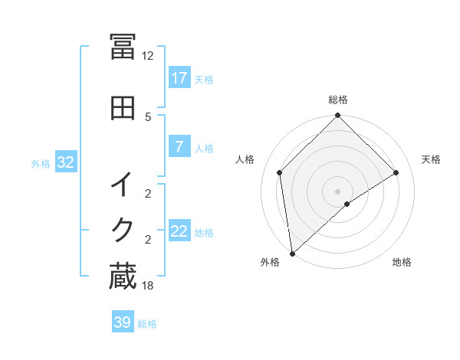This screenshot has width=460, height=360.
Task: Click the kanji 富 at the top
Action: (x=123, y=47)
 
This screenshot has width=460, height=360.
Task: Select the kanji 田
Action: (x=123, y=108)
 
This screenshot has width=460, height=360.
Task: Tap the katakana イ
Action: (x=123, y=185)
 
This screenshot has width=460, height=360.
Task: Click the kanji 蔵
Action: (x=123, y=277)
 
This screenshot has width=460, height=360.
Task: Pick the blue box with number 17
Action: (x=179, y=78)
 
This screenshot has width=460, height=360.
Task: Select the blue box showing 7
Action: (x=179, y=147)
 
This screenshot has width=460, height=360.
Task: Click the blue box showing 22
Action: (x=179, y=231)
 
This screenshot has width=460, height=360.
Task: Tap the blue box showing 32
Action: (x=65, y=162)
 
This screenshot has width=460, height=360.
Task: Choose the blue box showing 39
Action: (x=123, y=322)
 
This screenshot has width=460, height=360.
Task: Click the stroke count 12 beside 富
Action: (x=148, y=56)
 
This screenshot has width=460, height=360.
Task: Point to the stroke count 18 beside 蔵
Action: (x=148, y=286)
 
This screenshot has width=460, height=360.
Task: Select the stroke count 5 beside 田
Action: (x=148, y=116)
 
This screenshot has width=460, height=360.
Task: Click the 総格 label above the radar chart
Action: (x=338, y=100)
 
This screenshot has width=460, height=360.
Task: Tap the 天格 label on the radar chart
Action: (x=432, y=159)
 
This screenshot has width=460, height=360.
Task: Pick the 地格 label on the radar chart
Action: (x=402, y=263)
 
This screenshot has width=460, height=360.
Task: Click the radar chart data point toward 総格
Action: (x=338, y=116)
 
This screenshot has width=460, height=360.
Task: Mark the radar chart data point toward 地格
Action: (x=347, y=204)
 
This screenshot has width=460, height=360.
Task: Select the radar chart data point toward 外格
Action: (x=292, y=253)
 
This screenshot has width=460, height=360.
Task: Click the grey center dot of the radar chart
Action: (x=338, y=191)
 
